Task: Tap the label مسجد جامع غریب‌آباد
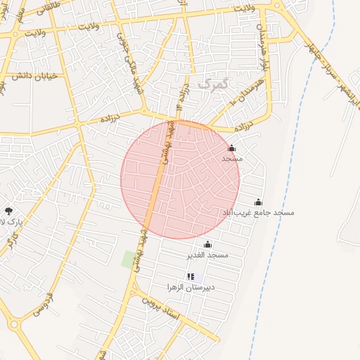258,212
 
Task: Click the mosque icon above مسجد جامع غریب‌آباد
258,202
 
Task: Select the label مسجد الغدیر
207,254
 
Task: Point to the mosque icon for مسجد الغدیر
207,243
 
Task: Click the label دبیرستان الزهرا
191,287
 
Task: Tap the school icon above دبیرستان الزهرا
191,276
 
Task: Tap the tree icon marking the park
8,210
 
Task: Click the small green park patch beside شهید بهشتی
129,259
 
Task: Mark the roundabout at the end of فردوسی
14,324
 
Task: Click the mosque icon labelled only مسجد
232,148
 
